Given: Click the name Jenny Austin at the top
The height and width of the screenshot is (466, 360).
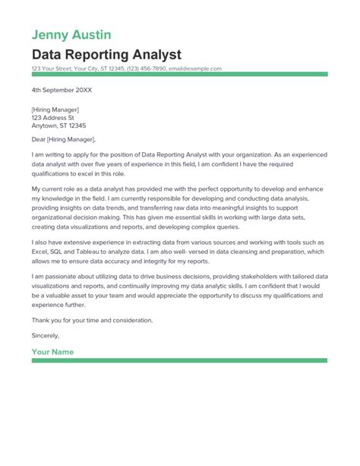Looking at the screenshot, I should coord(72,35).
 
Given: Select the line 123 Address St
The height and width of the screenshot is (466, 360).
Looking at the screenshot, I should coord(53,118).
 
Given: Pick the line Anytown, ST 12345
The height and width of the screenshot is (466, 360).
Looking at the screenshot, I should coord(58,125).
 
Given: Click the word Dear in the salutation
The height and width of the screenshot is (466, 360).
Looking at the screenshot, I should coord(39,140).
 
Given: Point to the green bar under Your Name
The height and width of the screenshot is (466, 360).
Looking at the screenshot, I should coord(180,360).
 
